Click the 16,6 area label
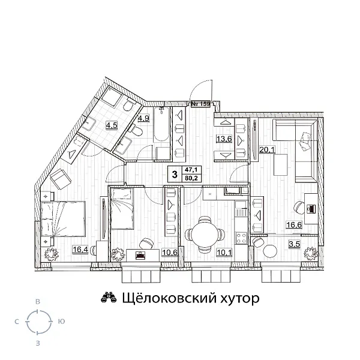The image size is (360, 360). pos(292,225)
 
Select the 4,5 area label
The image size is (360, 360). pos(112,125)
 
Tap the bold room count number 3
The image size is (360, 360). pos(174,175)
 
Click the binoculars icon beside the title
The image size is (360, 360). pos(108,298)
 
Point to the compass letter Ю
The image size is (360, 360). pos(62,322)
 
